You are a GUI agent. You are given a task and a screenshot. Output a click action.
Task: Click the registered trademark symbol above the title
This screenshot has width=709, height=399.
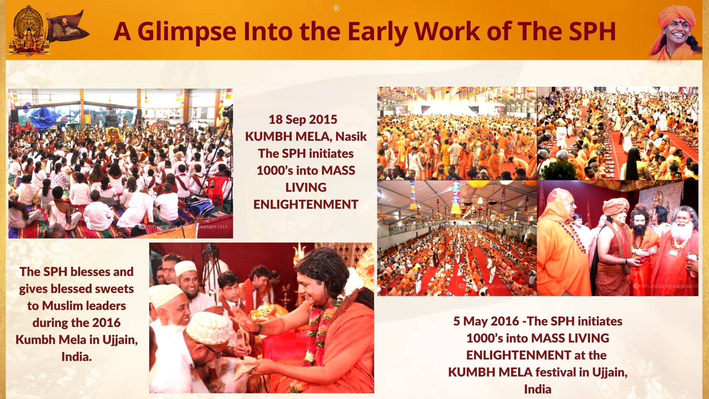click(x=336, y=8)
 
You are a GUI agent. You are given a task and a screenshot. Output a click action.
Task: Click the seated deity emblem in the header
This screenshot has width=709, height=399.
click(x=28, y=31)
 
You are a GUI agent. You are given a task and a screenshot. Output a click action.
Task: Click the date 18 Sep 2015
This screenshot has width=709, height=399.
click(x=303, y=119)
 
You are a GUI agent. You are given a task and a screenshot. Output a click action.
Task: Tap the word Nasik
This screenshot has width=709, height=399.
click(x=351, y=136)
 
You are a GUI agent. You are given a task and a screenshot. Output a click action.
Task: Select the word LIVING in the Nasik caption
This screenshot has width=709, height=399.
click(x=306, y=187)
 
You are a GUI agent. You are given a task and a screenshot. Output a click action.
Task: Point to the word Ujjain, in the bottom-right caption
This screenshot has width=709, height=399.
click(x=610, y=372)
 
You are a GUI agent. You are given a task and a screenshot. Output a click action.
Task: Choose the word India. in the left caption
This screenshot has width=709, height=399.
click(x=76, y=357)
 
